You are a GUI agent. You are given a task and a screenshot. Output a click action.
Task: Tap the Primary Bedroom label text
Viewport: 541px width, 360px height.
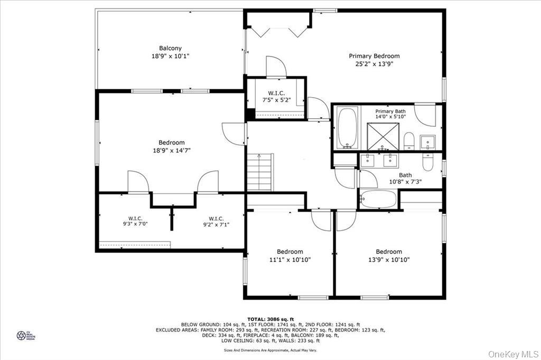pos(374,56)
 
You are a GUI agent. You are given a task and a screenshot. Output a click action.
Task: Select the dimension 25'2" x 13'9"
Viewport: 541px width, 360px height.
pos(374,64)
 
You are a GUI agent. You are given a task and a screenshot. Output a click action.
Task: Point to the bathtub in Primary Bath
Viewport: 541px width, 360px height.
pos(347,128)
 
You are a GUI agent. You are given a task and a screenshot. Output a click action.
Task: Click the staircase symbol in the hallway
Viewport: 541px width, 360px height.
pos(259,172)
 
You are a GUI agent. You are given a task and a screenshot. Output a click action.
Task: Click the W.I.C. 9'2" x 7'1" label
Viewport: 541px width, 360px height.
pos(216,221)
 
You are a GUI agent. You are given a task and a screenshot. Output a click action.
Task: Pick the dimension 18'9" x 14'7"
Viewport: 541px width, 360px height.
pos(172,150)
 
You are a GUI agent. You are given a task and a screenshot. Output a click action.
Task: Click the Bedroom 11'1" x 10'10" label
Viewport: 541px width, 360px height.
pos(290,255)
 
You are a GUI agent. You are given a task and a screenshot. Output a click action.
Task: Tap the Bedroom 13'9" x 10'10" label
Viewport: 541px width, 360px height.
pos(389,255)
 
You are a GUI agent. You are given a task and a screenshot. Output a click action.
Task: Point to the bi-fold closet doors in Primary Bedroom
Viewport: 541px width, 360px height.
pos(279,31)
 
